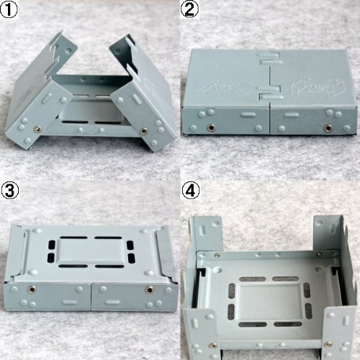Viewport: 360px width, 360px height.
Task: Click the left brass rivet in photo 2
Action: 212,128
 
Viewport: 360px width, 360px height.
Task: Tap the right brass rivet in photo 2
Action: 328,128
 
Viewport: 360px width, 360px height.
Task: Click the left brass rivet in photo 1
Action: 35,129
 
